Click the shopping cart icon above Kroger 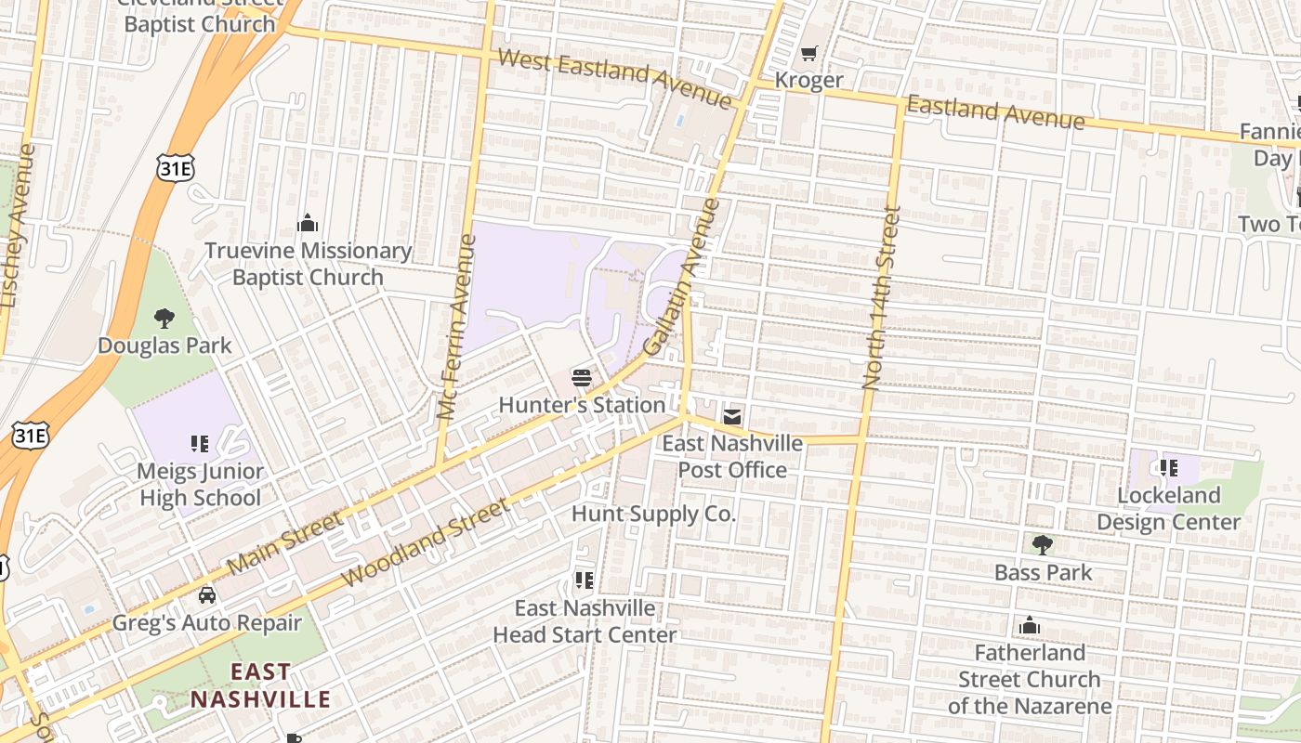point(809,53)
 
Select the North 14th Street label point(881,297)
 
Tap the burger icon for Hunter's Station point(582,378)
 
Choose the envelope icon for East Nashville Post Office point(732,417)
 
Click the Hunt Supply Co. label point(653,514)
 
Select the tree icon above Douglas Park point(164,319)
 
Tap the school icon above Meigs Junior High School point(200,444)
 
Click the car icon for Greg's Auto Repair point(207,594)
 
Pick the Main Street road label point(284,542)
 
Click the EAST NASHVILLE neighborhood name point(260,685)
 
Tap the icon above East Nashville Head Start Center point(584,581)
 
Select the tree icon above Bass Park point(1043,545)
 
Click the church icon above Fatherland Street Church point(1029,626)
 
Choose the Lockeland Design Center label point(1168,509)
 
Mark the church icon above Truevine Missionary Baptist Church point(308,223)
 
